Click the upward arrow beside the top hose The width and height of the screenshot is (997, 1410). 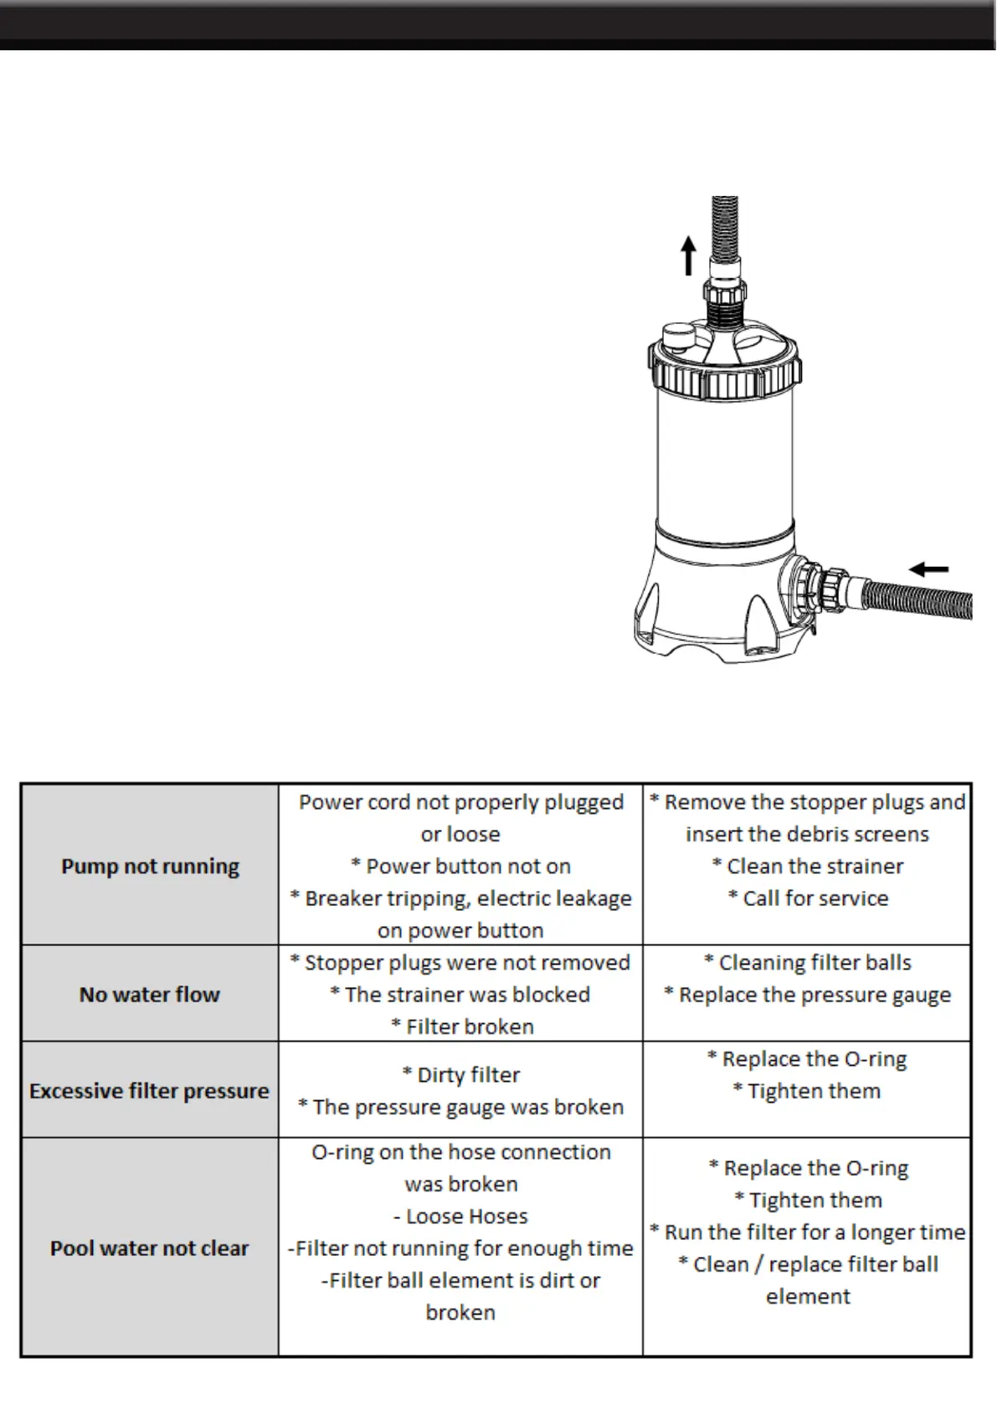688,255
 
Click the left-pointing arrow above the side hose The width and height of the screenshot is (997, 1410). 928,569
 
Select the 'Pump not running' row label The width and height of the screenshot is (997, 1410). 150,866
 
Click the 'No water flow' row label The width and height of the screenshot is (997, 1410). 150,995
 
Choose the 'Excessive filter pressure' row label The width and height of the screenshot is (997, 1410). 149,1091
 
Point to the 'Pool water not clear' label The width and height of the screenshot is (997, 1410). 149,1248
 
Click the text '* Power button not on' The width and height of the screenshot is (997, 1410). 460,867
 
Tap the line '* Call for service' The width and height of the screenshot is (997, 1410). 808,898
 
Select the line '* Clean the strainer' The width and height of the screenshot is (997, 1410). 808,867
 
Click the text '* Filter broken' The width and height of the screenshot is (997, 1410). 462,1027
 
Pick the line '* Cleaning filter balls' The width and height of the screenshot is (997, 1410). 808,963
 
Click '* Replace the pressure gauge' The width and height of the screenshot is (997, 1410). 808,995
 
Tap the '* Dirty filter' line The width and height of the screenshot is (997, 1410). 461,1075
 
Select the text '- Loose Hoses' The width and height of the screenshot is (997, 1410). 461,1217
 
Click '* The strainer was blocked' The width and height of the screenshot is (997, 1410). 460,995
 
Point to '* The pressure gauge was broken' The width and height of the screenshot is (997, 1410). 461,1107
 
